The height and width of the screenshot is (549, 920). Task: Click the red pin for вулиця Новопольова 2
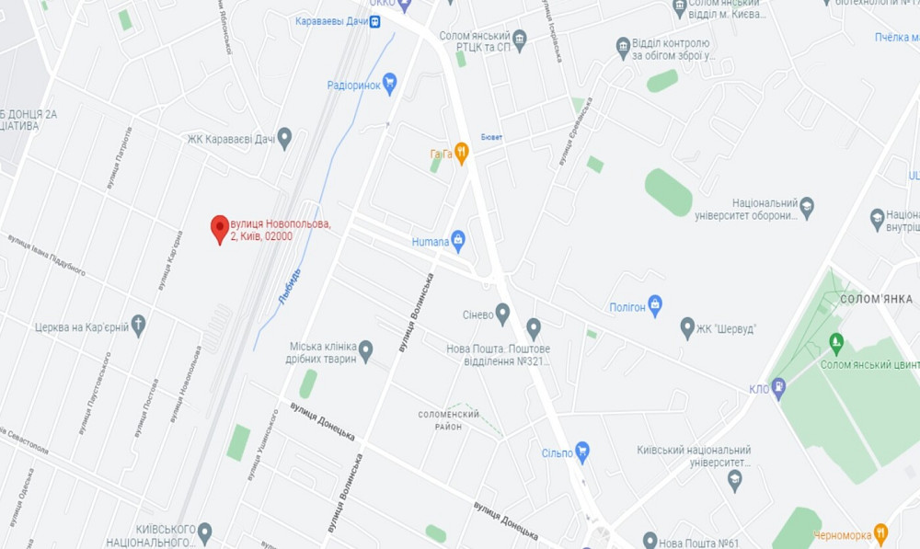[x=220, y=228]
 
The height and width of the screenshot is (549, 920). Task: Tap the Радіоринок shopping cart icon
[x=389, y=85]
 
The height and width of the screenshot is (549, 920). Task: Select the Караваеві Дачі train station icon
[x=375, y=22]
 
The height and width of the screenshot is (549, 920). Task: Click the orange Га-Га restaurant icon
[x=462, y=154]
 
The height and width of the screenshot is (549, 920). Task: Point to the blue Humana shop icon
[x=458, y=242]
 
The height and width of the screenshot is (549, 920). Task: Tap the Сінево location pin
[x=502, y=314]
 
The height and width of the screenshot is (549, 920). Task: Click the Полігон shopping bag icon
[x=655, y=306]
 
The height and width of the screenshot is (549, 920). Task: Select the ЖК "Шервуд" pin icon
[x=687, y=328]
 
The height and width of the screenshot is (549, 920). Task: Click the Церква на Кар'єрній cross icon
[x=138, y=326]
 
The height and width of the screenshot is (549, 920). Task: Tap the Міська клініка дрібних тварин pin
[x=365, y=350]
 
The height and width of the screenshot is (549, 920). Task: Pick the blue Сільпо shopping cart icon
[x=581, y=452]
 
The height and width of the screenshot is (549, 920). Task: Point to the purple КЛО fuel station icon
[x=778, y=387]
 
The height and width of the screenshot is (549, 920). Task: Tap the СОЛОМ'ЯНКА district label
[x=876, y=299]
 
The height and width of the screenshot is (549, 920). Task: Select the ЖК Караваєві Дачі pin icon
[x=284, y=139]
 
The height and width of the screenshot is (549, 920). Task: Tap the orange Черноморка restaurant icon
[x=880, y=533]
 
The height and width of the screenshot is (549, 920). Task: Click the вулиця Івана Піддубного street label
[x=47, y=255]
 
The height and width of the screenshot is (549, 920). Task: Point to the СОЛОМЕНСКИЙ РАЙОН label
[x=449, y=420]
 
